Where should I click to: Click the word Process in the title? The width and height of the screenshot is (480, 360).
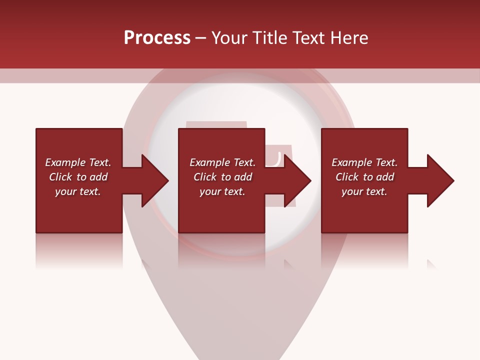[157, 38]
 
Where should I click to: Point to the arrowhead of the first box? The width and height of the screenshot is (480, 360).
[155, 180]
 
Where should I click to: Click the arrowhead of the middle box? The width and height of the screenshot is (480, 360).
[297, 180]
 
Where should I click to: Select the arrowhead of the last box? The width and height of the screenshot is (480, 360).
[440, 180]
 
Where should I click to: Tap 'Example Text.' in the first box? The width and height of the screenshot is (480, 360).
[78, 162]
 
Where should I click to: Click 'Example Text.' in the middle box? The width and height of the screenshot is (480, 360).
[222, 162]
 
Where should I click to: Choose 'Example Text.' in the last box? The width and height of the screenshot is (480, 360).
[364, 162]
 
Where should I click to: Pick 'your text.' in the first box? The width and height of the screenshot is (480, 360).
[78, 191]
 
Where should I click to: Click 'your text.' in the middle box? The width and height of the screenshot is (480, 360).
[222, 191]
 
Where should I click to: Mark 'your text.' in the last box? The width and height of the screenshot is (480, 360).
[364, 191]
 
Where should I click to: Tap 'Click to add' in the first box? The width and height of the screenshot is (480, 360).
[78, 177]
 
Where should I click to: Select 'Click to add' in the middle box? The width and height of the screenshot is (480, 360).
[222, 177]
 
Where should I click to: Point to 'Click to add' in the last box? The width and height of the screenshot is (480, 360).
[364, 177]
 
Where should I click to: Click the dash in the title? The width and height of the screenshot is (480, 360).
[200, 38]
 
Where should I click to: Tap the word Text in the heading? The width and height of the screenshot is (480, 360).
[306, 38]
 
